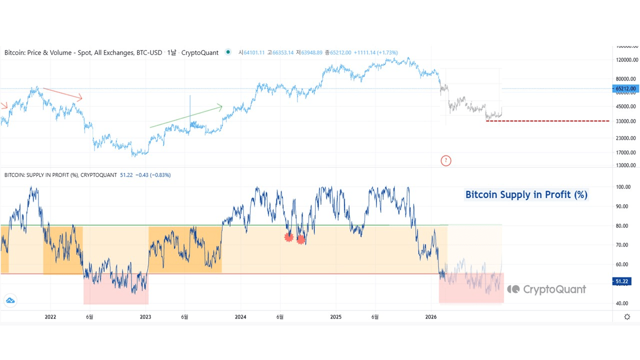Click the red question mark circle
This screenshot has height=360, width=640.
click(446, 160)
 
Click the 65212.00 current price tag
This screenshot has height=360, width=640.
click(625, 88)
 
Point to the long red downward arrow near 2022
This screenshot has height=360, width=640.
click(62, 93)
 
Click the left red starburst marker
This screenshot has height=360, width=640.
click(288, 237)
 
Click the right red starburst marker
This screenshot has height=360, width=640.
click(301, 239)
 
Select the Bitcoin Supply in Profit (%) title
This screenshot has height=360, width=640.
click(526, 194)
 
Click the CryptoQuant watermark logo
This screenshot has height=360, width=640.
click(546, 289)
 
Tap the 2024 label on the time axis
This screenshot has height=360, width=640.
click(240, 316)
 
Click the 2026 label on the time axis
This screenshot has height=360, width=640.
click(431, 316)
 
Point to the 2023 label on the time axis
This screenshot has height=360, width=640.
click(145, 316)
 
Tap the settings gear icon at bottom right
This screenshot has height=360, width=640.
click(627, 316)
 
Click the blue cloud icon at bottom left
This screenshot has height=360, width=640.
click(10, 301)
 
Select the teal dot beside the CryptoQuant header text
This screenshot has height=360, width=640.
click(228, 52)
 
